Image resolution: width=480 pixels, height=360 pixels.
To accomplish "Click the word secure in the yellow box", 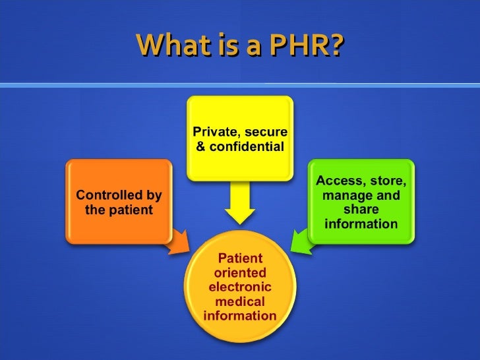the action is coord(266,132).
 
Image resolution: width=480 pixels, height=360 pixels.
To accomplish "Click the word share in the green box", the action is coord(361,210).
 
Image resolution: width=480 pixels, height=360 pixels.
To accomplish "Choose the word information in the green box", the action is coord(361,224).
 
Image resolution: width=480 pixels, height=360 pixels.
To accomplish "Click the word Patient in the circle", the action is coord(240,258).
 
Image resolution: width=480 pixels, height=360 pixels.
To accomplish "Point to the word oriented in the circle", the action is coord(240,272).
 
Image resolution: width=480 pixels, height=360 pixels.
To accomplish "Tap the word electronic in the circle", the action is coord(240,287).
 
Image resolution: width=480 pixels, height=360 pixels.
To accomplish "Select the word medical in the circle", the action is coord(240,301).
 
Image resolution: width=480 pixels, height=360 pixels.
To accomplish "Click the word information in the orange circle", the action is coord(240,316).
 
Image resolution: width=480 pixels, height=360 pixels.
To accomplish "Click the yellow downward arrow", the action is coord(239,203).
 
